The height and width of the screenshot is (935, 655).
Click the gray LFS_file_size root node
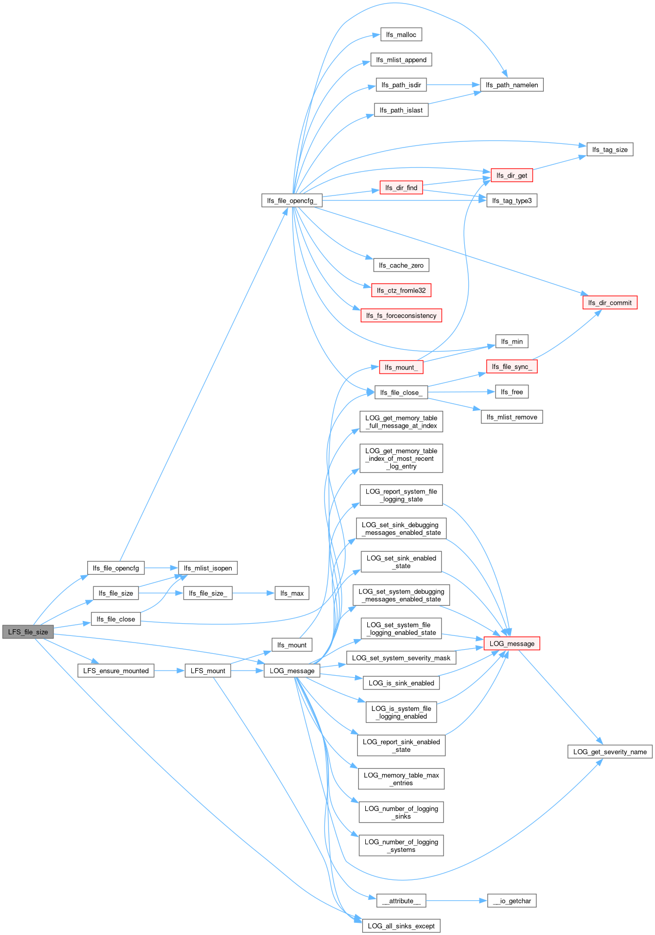28,632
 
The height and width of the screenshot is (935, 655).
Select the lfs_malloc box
401,35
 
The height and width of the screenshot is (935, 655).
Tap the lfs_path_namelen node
512,85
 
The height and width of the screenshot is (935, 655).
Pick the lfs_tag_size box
610,150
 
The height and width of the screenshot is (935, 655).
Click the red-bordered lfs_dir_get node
512,176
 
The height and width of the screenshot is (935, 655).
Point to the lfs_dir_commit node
610,303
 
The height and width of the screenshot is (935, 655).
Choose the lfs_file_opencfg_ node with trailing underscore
292,201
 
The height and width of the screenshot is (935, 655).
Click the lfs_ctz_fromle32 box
401,290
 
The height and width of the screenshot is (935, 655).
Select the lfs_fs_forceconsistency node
401,315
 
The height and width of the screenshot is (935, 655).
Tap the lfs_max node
292,593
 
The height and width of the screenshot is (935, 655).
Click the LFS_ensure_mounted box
116,671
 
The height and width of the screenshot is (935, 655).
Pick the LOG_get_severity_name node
610,752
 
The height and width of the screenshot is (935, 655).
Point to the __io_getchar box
512,901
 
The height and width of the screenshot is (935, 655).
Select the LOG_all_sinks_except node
401,926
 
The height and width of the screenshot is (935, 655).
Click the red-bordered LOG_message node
512,644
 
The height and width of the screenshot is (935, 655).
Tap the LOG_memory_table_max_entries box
401,779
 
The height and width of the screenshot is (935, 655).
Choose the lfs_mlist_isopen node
208,568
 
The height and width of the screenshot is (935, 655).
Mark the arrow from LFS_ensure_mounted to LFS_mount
169,671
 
